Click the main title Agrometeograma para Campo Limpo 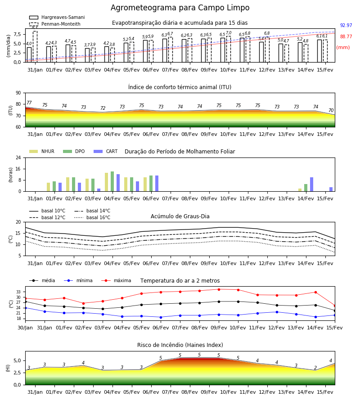tap(180, 8)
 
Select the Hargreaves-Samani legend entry tap(57, 17)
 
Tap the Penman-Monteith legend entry tap(55, 24)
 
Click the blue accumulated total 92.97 tap(346, 25)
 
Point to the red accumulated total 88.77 tap(346, 37)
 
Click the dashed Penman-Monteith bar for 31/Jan tap(35, 47)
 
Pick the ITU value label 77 tap(29, 103)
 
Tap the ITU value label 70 tap(331, 110)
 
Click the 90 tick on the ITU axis tap(18, 93)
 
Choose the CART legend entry tap(106, 151)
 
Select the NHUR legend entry tap(42, 151)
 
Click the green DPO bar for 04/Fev tap(112, 182)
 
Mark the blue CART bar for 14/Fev tap(312, 184)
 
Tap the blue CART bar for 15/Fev tap(331, 189)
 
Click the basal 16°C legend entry tap(92, 217)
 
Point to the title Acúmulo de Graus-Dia tap(180, 216)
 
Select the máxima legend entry tap(116, 280)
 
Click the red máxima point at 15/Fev tap(335, 306)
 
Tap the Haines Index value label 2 tap(315, 368)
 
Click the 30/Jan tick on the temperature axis tap(25, 328)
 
